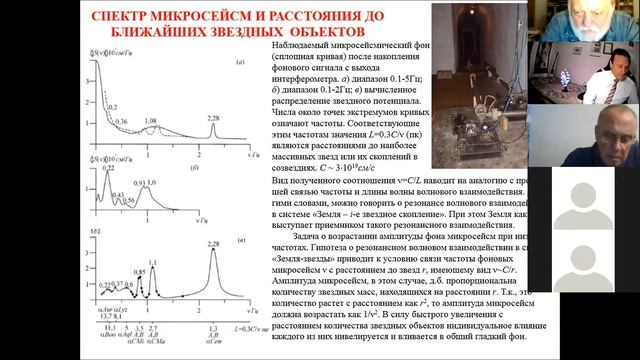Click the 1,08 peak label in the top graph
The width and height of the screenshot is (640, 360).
[x=151, y=121]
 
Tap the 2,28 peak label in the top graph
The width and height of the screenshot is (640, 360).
[x=213, y=116]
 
